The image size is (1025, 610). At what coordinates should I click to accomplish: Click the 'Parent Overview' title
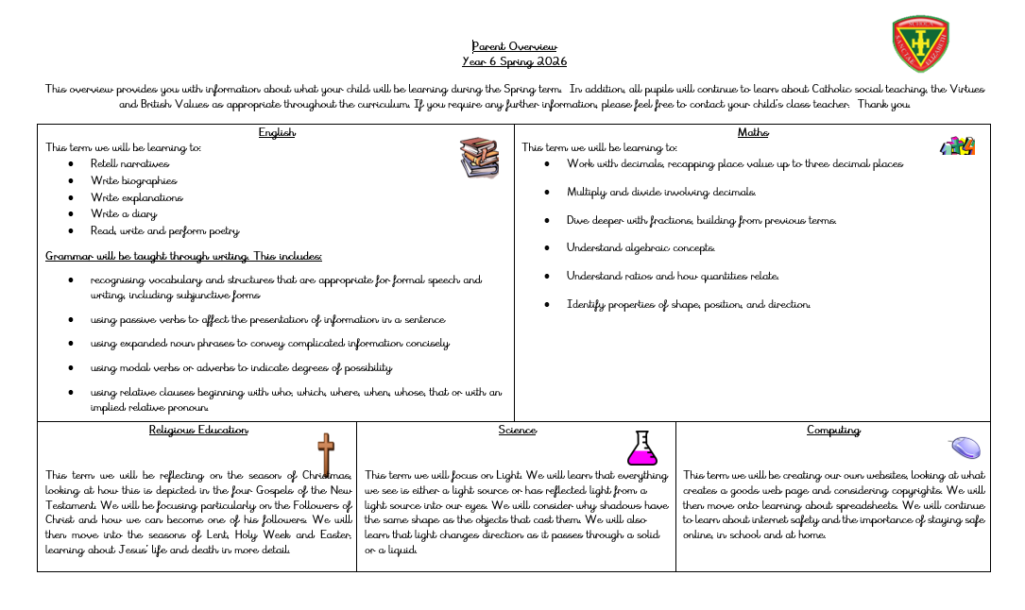[x=514, y=46]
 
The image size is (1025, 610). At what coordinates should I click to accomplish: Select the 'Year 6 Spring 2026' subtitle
[x=514, y=61]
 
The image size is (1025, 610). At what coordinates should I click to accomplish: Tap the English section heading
[x=277, y=132]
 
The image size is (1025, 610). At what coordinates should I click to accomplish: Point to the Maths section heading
[x=753, y=132]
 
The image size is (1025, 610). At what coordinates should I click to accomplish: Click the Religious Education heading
[x=198, y=430]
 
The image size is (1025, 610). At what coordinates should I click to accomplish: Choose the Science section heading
[x=517, y=430]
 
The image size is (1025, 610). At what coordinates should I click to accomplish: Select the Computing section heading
[x=833, y=430]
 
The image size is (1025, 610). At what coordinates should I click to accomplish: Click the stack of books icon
[x=479, y=158]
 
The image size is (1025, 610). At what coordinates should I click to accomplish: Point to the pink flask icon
[x=642, y=449]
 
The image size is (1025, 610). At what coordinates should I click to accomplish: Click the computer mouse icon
[x=965, y=448]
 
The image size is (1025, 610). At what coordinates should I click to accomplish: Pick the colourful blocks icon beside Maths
[x=957, y=146]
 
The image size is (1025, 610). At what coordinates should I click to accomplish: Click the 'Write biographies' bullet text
[x=133, y=180]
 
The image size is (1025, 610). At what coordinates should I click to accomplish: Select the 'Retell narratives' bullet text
[x=129, y=163]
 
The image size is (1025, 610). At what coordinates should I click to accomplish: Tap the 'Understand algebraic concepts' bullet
[x=641, y=247]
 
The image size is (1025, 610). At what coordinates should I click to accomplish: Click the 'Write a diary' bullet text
[x=124, y=213]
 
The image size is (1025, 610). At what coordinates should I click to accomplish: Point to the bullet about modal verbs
[x=241, y=367]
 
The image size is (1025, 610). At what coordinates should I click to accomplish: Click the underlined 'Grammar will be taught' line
[x=183, y=256]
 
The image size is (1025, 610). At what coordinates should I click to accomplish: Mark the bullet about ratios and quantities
[x=673, y=276]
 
